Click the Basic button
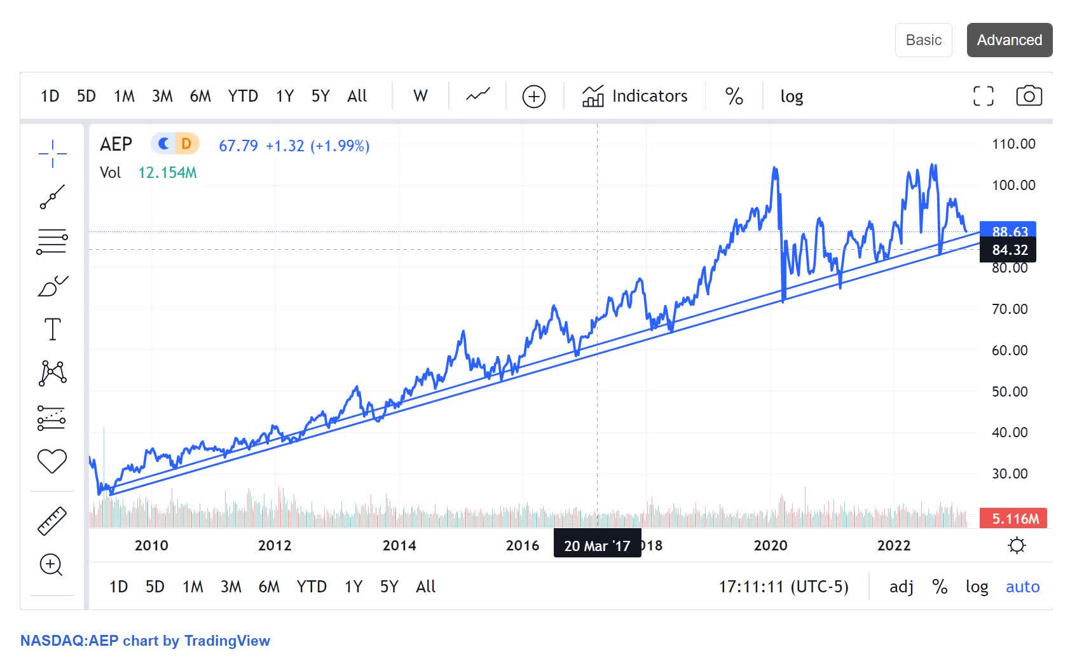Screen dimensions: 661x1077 pyautogui.click(x=923, y=40)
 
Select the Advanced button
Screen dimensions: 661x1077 pyautogui.click(x=1009, y=40)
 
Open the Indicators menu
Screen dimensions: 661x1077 pyautogui.click(x=635, y=96)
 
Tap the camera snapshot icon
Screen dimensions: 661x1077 pyautogui.click(x=1029, y=96)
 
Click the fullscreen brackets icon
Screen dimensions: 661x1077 pyautogui.click(x=983, y=96)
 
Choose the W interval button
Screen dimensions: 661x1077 pyautogui.click(x=420, y=96)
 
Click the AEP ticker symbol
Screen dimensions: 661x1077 pyautogui.click(x=116, y=145)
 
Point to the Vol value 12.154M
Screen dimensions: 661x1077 pyautogui.click(x=167, y=173)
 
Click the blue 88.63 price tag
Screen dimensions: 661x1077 pyautogui.click(x=1009, y=231)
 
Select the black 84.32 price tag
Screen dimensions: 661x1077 pyautogui.click(x=1009, y=250)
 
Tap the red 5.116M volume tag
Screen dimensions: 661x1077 pyautogui.click(x=1015, y=519)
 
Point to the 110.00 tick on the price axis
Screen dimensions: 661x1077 pyautogui.click(x=1013, y=144)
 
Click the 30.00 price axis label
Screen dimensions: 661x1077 pyautogui.click(x=1010, y=474)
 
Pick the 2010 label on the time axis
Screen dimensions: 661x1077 pyautogui.click(x=151, y=545)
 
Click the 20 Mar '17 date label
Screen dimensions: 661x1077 pyautogui.click(x=596, y=546)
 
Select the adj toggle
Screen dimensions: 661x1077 pyautogui.click(x=901, y=587)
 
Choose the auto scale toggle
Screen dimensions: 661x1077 pyautogui.click(x=1022, y=587)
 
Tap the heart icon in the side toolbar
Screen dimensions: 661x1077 pyautogui.click(x=52, y=461)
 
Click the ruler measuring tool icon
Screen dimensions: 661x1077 pyautogui.click(x=52, y=521)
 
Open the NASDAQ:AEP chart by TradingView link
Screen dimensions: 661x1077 pyautogui.click(x=145, y=641)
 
